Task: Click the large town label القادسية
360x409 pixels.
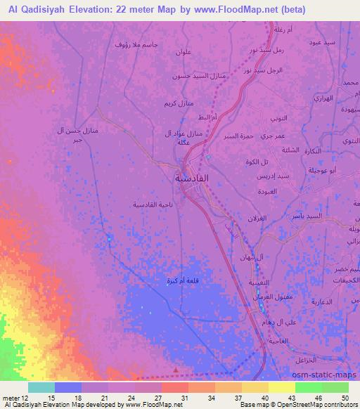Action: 192,178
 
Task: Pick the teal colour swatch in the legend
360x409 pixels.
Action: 41,387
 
